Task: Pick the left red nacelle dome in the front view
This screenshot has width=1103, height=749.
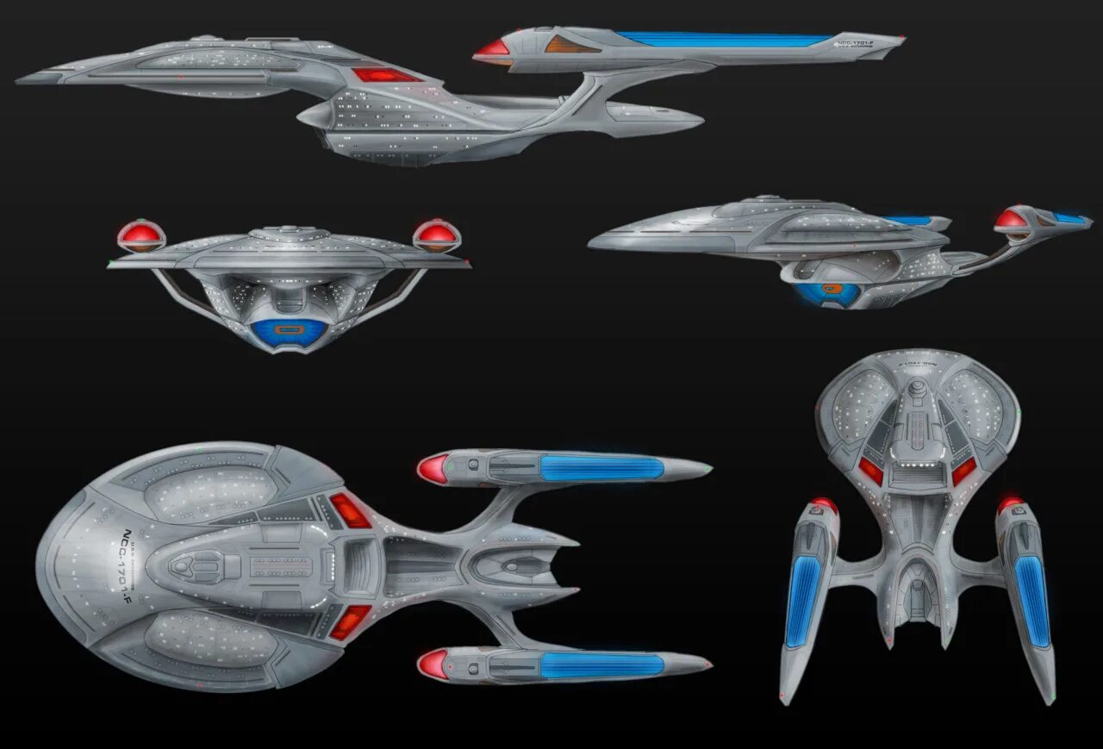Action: click(140, 234)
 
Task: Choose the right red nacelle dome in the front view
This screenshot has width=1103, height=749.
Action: click(437, 234)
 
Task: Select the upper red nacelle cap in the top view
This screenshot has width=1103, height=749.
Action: click(433, 469)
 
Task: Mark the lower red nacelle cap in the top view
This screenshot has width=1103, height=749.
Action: click(433, 665)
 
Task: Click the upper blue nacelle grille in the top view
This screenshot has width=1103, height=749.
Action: click(601, 468)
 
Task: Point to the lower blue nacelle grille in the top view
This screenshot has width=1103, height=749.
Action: click(601, 665)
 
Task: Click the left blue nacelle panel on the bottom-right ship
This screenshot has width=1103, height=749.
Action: click(803, 601)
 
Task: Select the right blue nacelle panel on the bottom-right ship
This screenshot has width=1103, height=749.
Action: click(1032, 601)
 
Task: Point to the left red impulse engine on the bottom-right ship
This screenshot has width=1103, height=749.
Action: click(871, 471)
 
